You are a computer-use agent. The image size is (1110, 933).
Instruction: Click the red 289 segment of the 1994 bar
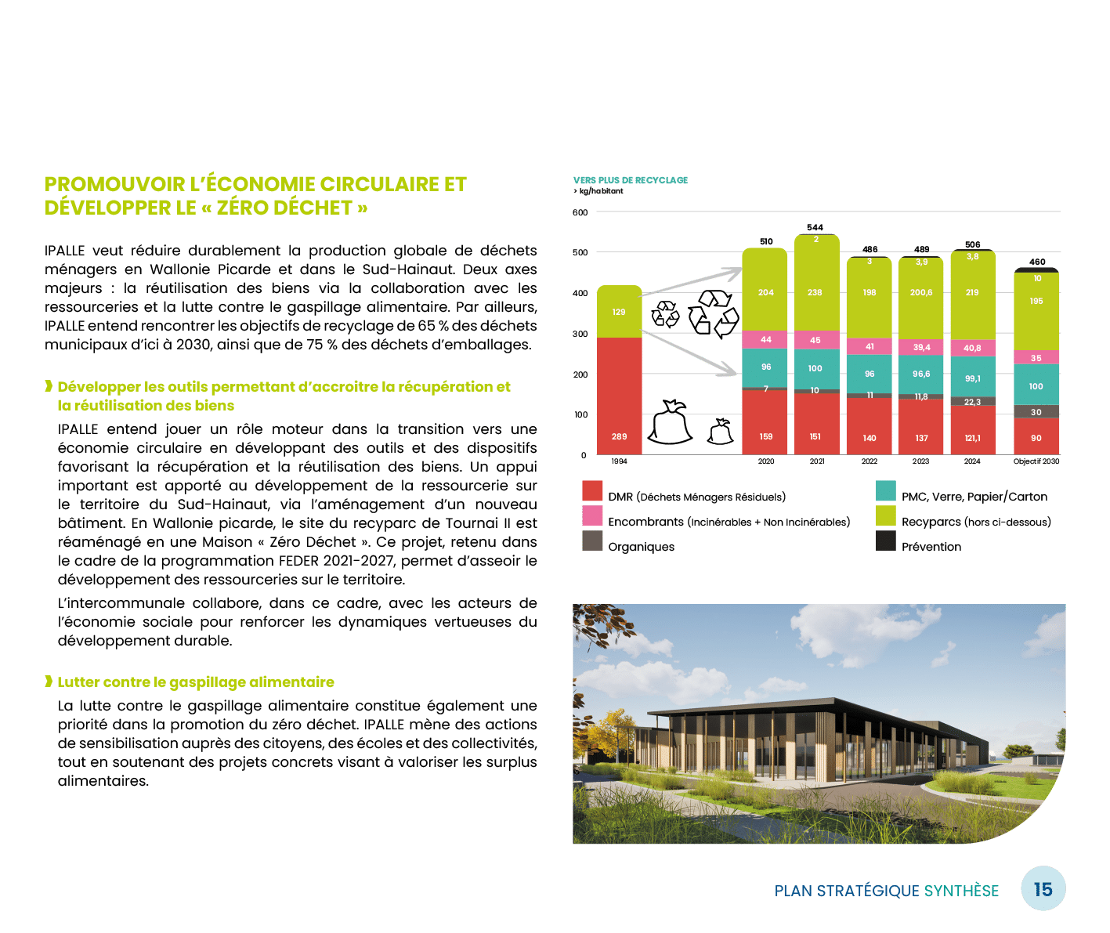click(619, 396)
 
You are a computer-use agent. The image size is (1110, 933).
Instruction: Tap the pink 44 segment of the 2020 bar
click(765, 340)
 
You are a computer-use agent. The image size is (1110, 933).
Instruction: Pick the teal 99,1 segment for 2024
click(972, 378)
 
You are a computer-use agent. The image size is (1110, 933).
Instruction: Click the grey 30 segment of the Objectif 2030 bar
click(1036, 412)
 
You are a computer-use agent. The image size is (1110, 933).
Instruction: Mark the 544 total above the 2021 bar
click(815, 228)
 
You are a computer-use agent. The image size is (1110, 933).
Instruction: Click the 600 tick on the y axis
click(580, 212)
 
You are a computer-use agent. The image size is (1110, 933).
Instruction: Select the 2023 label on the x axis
click(921, 462)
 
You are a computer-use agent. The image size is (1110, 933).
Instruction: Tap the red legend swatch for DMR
click(592, 491)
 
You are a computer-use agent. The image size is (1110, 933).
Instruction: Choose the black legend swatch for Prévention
click(885, 541)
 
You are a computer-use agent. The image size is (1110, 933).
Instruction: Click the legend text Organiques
click(641, 547)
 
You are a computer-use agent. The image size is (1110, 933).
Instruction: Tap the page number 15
click(1043, 889)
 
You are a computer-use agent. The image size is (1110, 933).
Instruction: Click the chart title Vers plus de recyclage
click(631, 180)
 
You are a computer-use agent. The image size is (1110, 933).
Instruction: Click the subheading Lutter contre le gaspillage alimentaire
click(196, 682)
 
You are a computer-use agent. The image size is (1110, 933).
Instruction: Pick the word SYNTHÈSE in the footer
click(961, 891)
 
